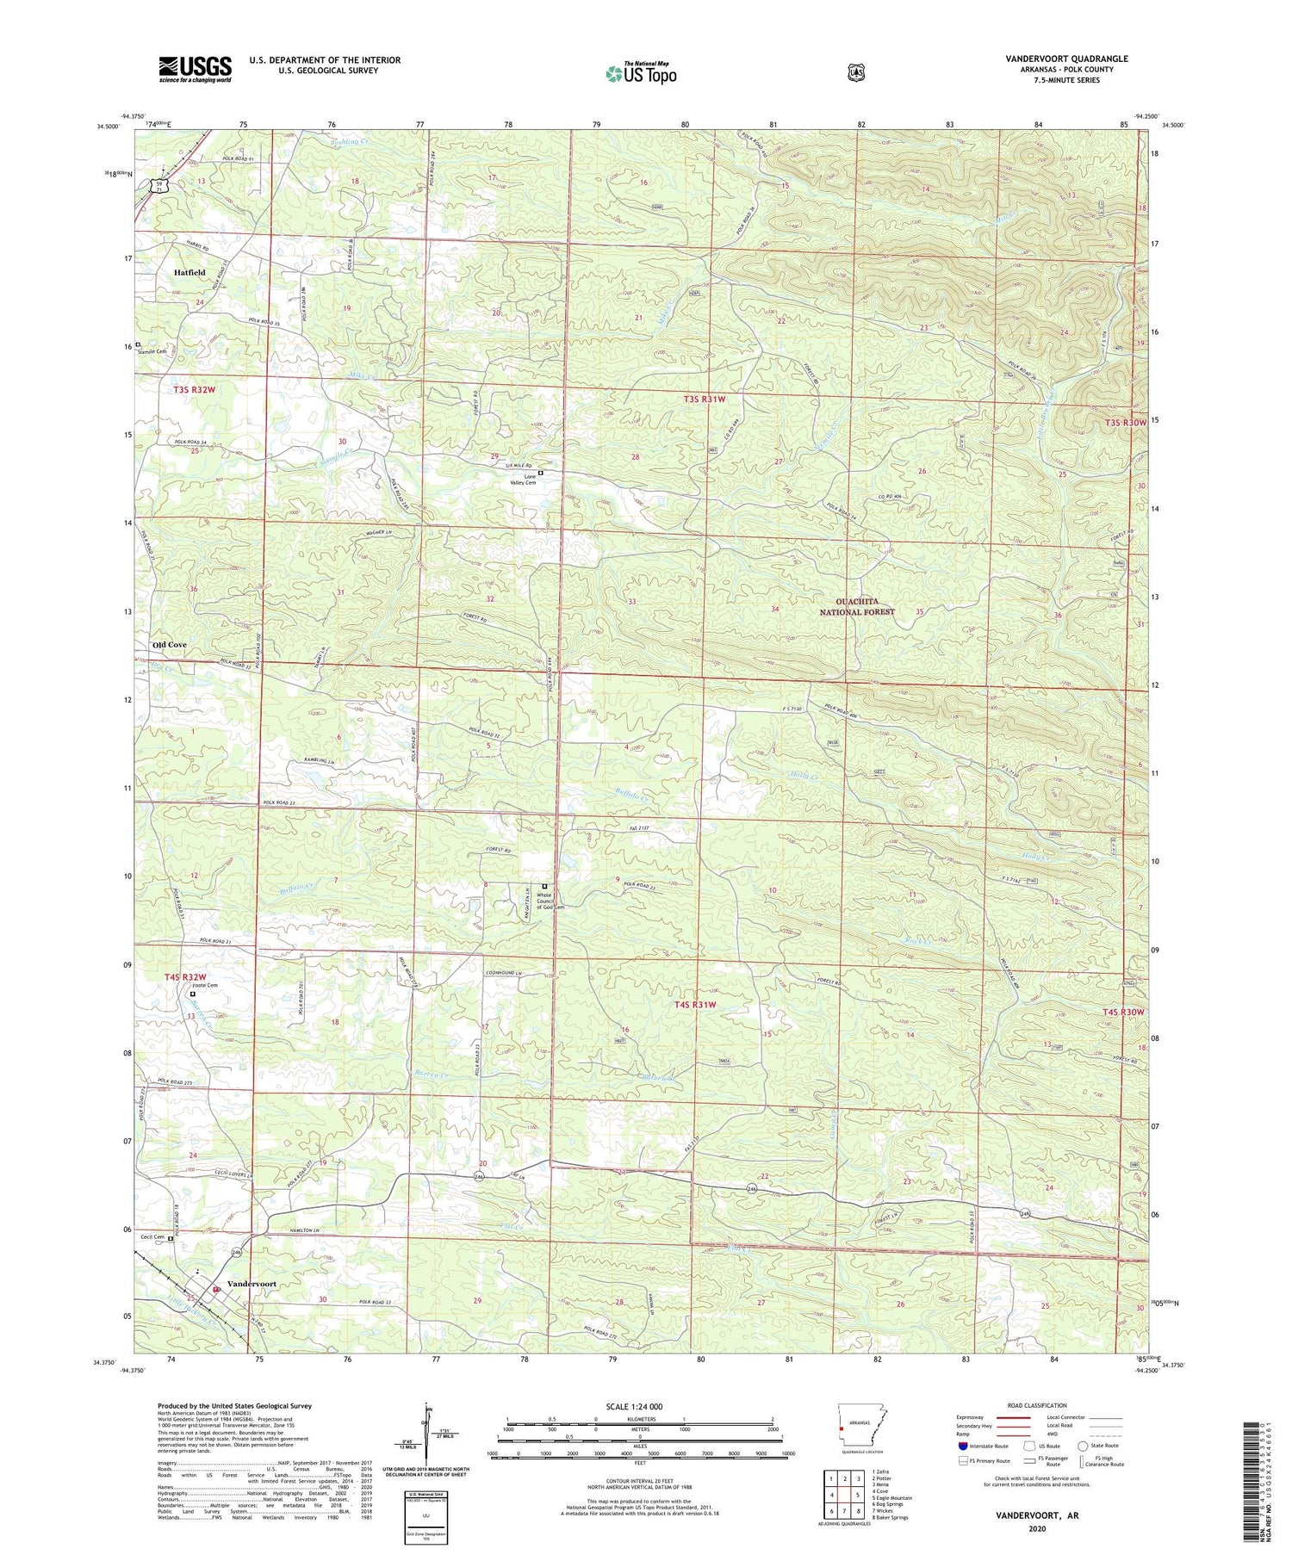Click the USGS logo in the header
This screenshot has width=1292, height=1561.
[195, 69]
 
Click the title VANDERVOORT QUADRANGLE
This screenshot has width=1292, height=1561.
[1054, 59]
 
